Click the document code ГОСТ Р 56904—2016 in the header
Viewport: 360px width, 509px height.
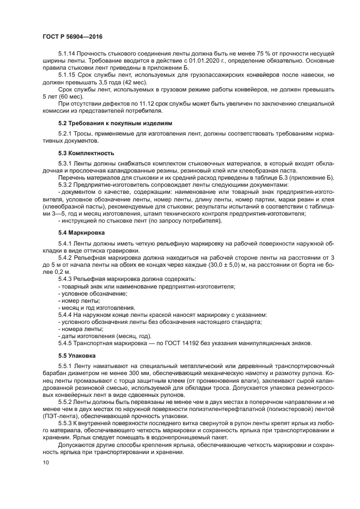72,36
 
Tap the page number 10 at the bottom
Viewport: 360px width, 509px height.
45,463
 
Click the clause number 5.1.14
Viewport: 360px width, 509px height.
67,54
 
